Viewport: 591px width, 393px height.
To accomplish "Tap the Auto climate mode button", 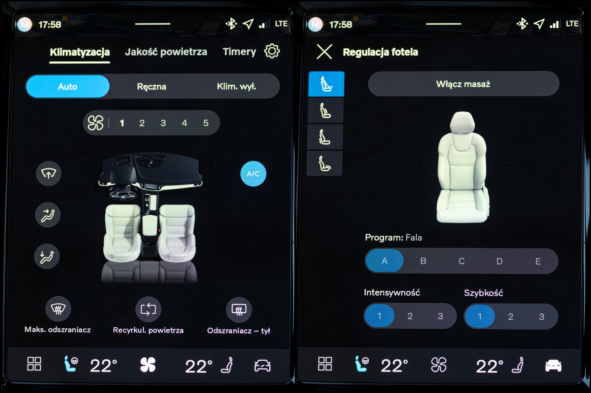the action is (68, 87).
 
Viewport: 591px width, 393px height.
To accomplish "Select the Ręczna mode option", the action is (151, 87).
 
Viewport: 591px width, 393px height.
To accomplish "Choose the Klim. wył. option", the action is (236, 87).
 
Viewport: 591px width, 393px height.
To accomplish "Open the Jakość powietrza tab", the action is (166, 52).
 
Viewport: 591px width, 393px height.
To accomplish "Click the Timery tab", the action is (239, 52).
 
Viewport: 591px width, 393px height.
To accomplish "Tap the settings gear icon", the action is (272, 51).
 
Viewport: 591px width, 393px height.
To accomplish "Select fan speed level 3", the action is (163, 123).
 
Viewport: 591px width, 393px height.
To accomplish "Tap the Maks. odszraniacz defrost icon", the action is (58, 309).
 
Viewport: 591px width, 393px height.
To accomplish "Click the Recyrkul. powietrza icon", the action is (148, 309).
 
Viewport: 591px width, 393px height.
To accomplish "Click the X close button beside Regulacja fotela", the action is (324, 52).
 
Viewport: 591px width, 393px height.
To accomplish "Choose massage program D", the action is (500, 261).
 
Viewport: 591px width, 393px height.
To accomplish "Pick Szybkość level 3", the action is (542, 317).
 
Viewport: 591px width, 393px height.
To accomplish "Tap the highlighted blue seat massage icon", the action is (326, 84).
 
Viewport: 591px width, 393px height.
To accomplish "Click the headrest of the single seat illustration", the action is (462, 122).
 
